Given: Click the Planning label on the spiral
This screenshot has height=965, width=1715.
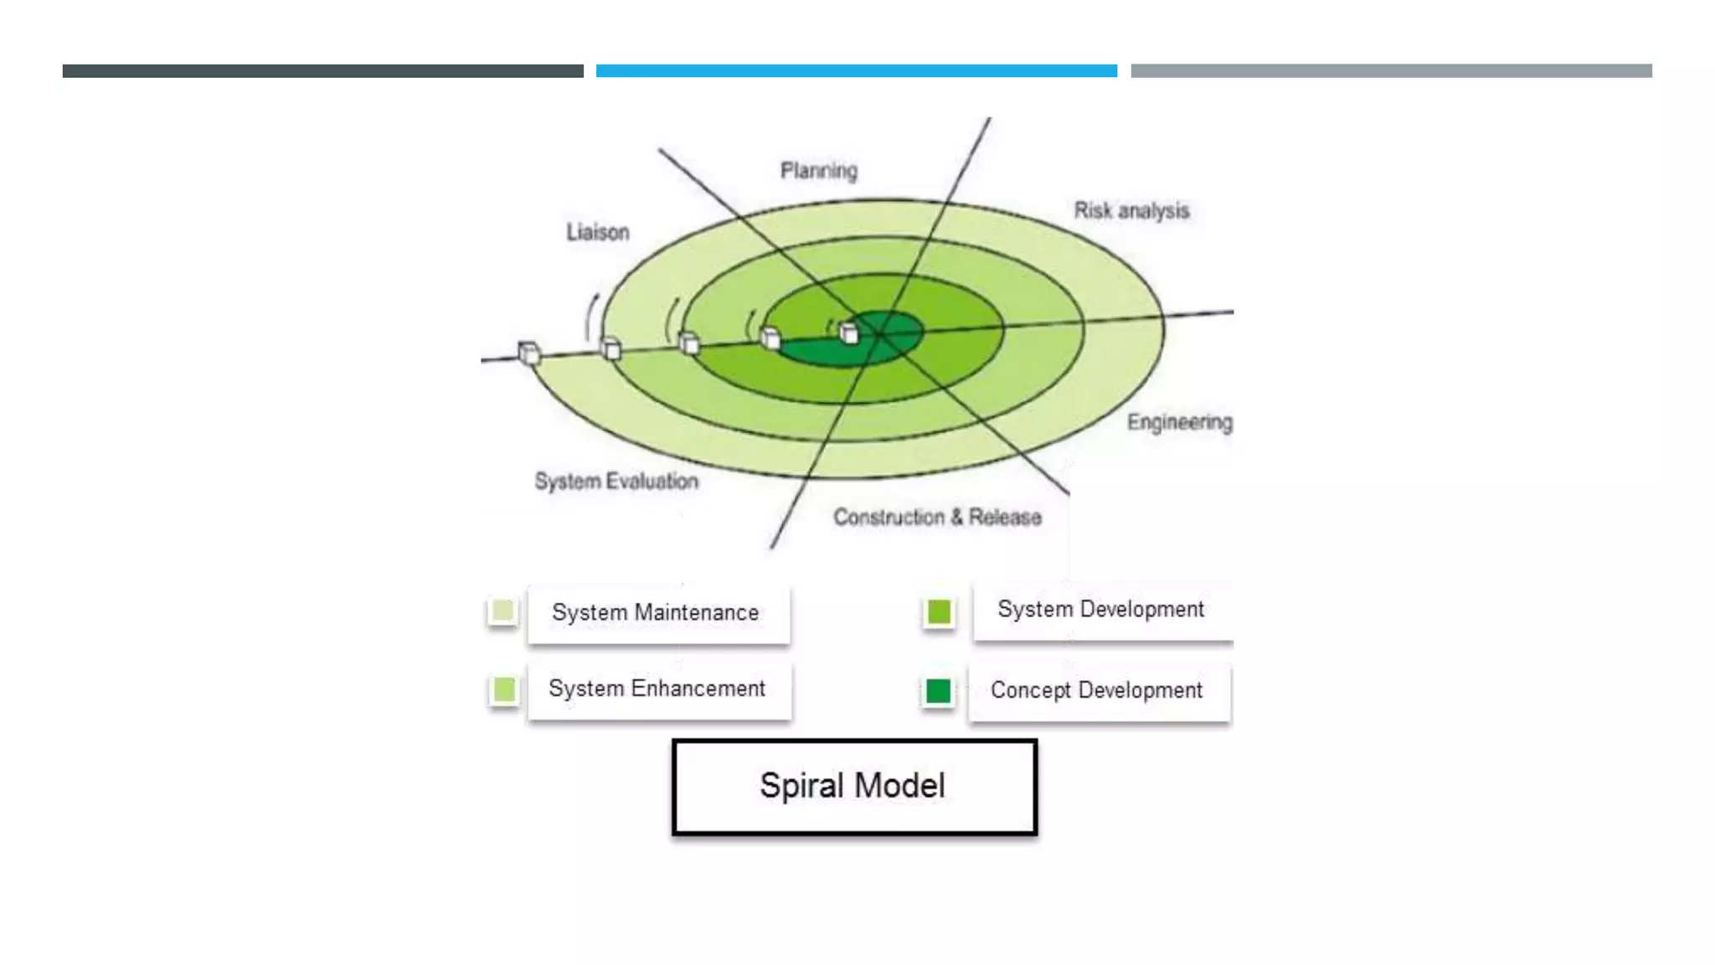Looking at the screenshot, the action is click(x=818, y=171).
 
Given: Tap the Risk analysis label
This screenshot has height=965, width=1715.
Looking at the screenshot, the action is click(x=1131, y=210).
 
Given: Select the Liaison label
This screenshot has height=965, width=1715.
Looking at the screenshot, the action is click(x=597, y=232).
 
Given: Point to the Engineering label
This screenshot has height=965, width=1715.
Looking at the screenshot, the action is click(x=1179, y=422).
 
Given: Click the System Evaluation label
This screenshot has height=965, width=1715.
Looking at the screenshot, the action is click(x=616, y=482).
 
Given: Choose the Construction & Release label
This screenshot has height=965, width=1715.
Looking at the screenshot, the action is click(x=937, y=517).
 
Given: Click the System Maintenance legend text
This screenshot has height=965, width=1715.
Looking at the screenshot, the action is click(x=655, y=613).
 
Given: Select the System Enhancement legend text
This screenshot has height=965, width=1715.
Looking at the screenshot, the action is click(x=657, y=689).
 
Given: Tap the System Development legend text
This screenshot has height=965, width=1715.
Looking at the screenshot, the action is click(x=1100, y=610).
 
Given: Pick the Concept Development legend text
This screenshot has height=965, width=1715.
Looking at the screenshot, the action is click(x=1096, y=690).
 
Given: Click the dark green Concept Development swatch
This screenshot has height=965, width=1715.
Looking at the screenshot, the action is click(x=938, y=691).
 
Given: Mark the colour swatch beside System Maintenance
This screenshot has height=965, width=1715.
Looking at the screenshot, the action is click(x=503, y=611).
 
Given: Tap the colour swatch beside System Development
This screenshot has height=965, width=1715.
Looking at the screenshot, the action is click(x=939, y=612).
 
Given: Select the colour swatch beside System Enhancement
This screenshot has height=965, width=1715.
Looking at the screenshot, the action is click(x=504, y=689).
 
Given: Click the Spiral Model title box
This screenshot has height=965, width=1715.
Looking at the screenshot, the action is click(x=854, y=787).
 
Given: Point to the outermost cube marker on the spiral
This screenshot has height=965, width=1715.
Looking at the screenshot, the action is click(x=528, y=353).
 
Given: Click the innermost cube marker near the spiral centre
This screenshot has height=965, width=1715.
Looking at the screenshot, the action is click(x=848, y=333).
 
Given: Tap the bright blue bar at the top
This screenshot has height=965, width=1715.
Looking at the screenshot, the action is click(x=856, y=71).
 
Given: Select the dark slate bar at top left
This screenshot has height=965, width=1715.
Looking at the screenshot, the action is click(x=322, y=71).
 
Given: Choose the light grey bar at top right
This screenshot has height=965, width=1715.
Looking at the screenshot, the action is click(x=1391, y=71).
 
